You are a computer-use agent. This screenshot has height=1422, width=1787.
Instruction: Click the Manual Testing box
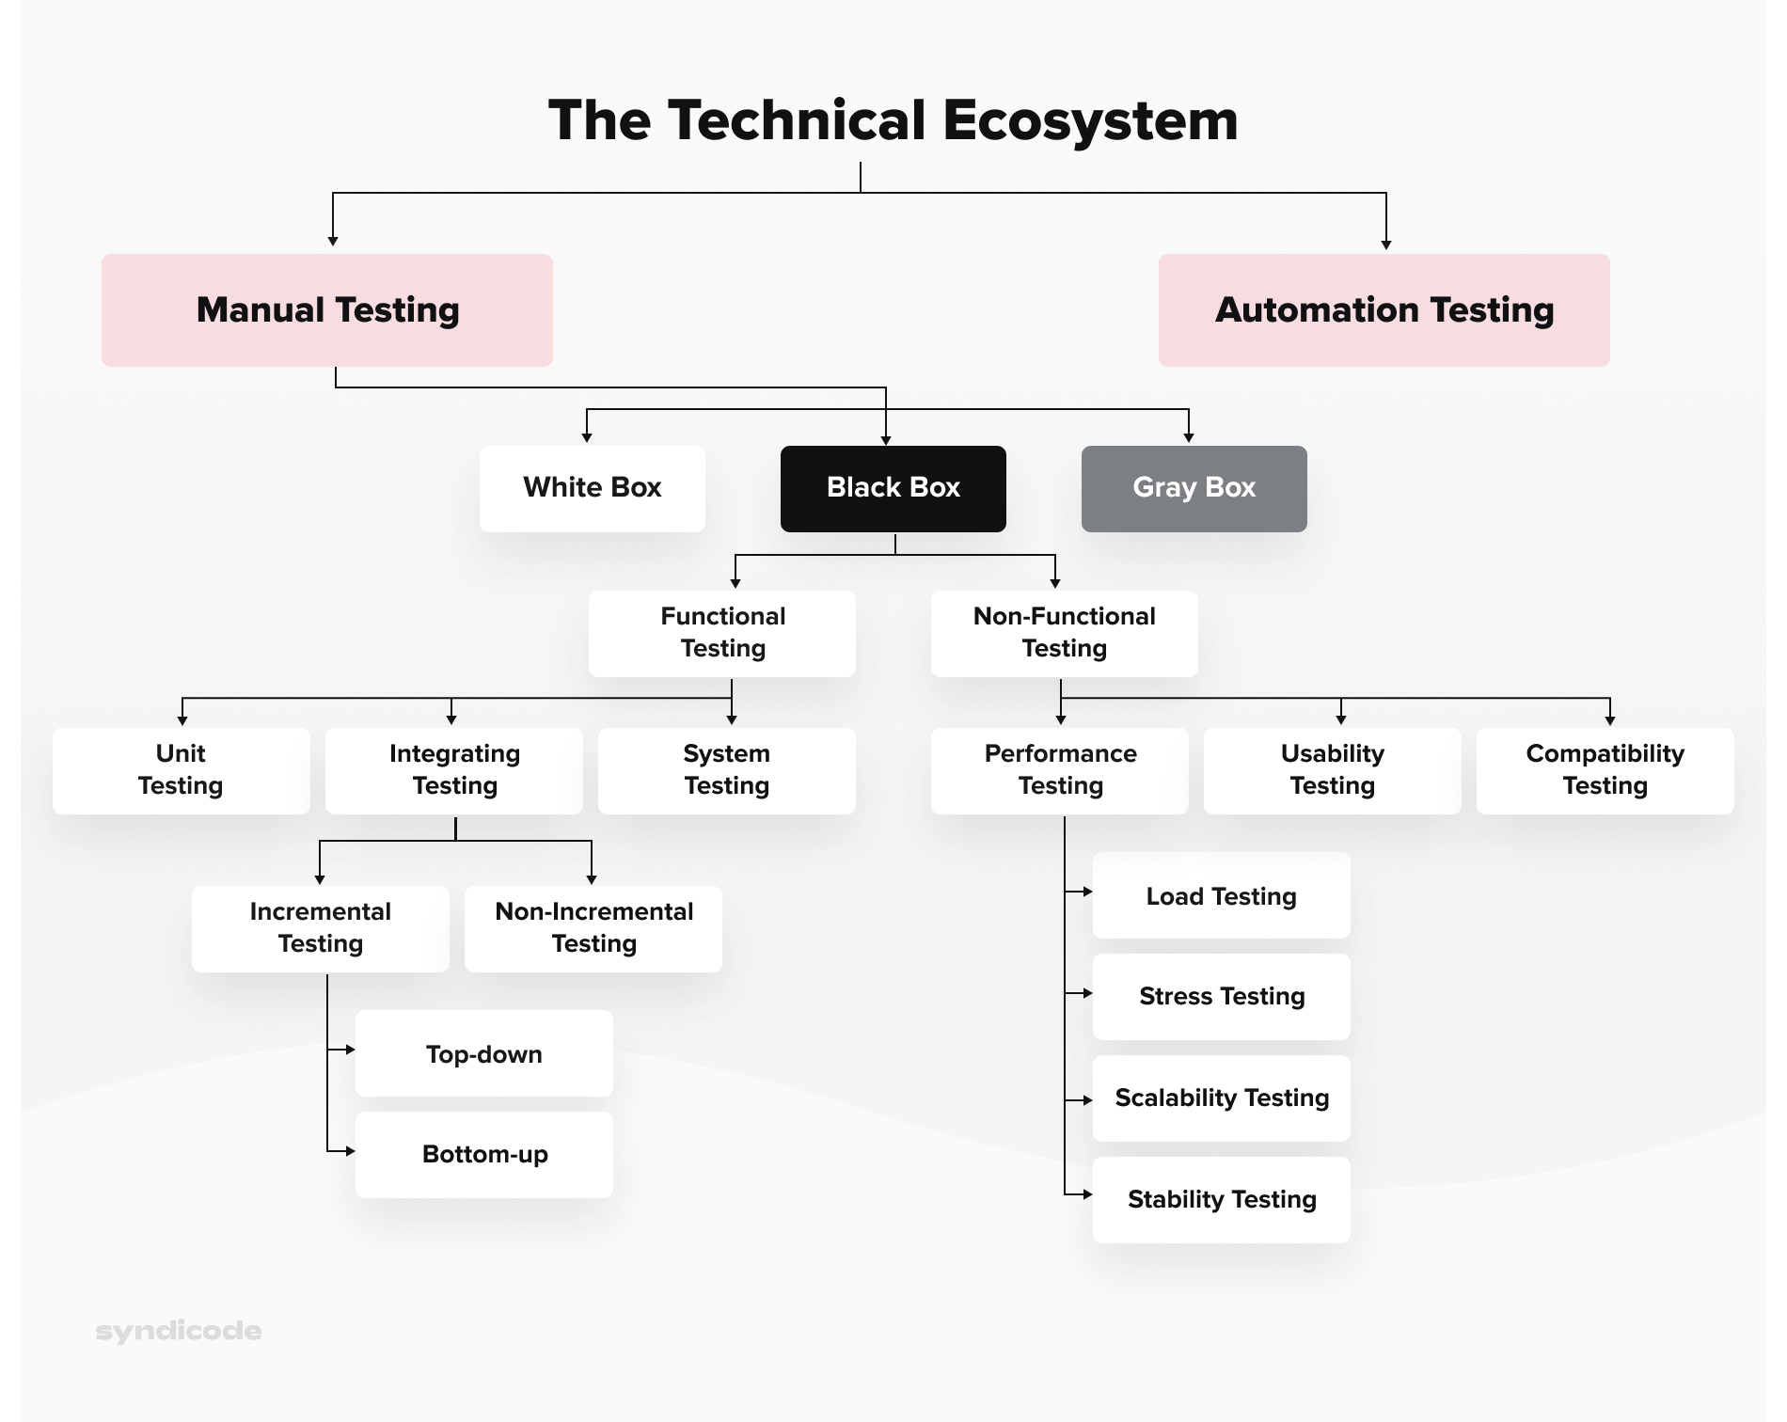click(327, 310)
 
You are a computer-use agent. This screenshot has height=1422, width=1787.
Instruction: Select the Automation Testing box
click(1384, 310)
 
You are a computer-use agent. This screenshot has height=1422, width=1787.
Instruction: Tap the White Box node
click(592, 488)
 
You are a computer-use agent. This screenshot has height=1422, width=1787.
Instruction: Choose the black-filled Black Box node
click(893, 488)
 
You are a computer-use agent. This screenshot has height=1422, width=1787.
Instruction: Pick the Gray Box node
click(1194, 488)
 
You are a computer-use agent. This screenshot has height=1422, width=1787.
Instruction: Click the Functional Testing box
click(722, 633)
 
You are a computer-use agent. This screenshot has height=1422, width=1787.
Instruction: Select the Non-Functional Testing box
click(1064, 633)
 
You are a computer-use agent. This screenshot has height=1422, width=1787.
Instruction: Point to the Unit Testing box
click(181, 770)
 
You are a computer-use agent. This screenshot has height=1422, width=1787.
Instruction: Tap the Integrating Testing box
click(454, 770)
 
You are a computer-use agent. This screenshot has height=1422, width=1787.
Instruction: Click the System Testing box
click(726, 770)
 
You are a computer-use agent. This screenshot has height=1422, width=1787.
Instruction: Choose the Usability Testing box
click(1332, 770)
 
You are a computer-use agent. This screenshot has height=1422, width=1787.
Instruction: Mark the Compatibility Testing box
click(1605, 770)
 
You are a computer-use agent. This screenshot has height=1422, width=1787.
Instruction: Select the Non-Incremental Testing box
click(593, 928)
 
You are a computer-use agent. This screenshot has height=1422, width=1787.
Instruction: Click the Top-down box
click(483, 1053)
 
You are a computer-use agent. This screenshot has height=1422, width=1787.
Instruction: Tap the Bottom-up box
click(483, 1154)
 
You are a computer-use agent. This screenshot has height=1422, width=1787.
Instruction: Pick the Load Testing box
click(1221, 895)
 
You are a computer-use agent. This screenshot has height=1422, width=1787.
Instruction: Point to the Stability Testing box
click(1221, 1199)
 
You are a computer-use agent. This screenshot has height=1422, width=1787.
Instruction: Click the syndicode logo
click(179, 1331)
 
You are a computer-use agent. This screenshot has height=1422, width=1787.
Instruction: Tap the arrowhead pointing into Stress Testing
click(1087, 993)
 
